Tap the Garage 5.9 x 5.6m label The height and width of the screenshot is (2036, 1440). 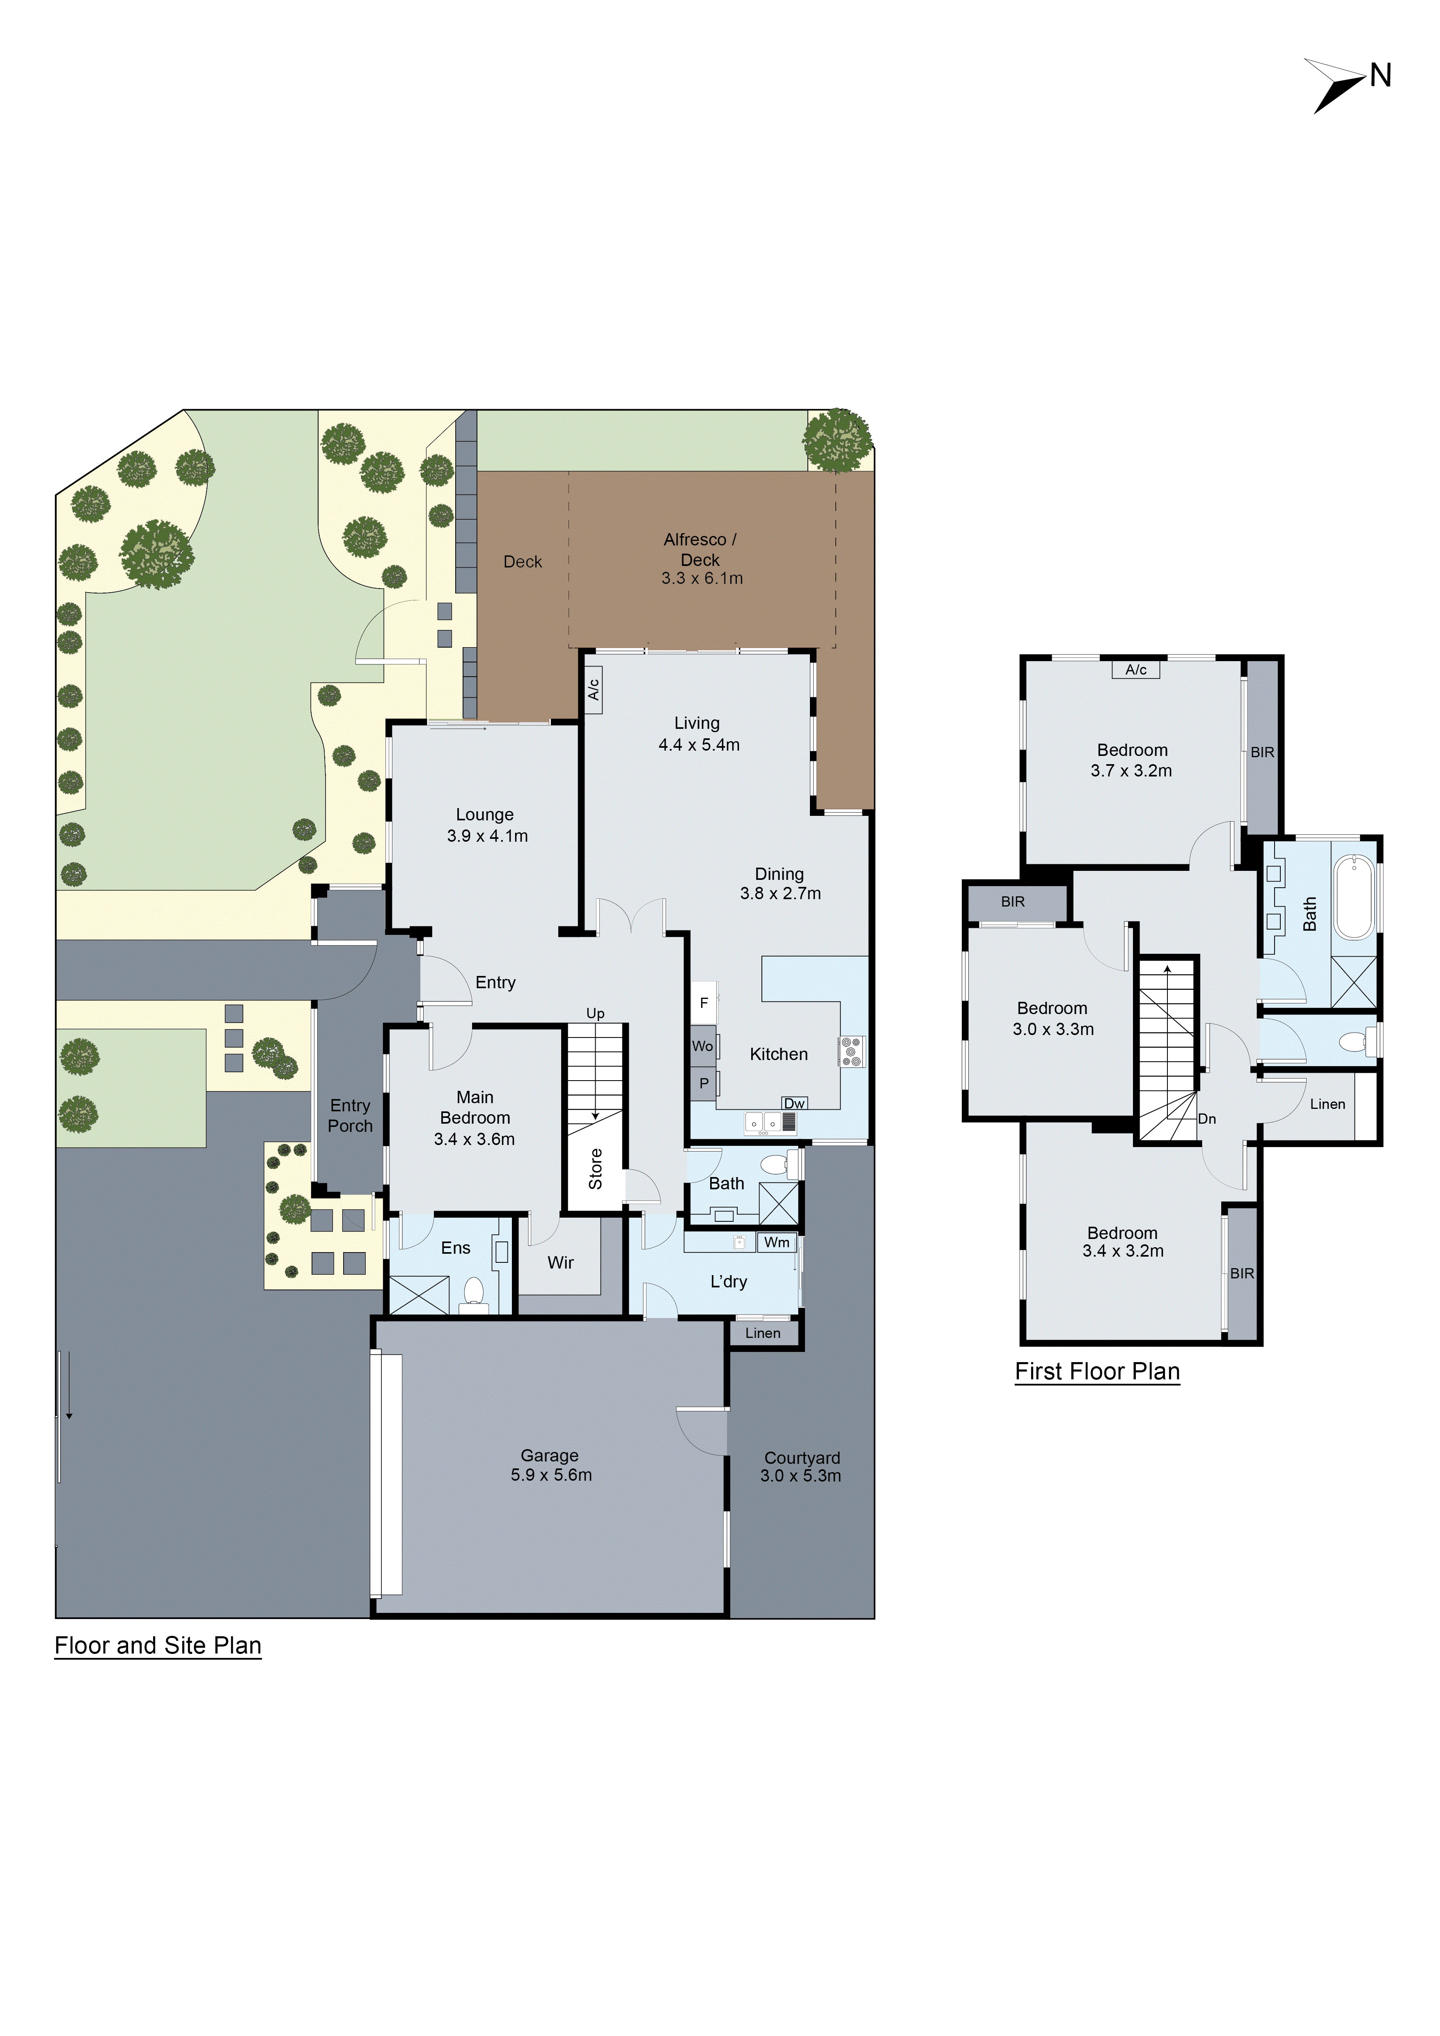(550, 1465)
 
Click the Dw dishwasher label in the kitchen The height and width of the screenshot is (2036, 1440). (793, 1103)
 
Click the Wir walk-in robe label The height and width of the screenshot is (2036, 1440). (560, 1262)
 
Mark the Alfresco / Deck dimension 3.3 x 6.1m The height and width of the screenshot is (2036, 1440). (702, 578)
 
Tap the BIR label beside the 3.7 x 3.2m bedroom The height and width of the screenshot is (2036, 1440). (1262, 752)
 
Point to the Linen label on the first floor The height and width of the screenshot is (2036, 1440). (1328, 1104)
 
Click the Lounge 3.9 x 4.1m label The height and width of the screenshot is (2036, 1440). (486, 824)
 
